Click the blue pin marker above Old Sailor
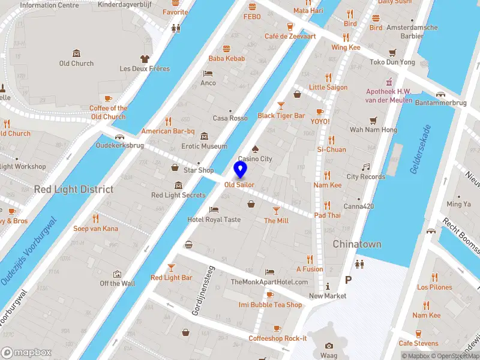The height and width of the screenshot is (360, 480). [x=241, y=170]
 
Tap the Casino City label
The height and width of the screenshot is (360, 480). [x=255, y=159]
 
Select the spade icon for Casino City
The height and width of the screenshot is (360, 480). [x=254, y=148]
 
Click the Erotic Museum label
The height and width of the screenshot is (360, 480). [x=205, y=146]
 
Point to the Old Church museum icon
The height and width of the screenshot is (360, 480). [x=76, y=53]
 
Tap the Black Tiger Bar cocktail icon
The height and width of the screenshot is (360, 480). [x=281, y=105]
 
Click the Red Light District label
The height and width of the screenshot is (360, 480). [x=74, y=189]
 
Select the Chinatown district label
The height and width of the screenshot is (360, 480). [x=357, y=244]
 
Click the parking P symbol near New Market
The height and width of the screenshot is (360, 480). [x=348, y=280]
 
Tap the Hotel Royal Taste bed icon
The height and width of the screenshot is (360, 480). [x=214, y=209]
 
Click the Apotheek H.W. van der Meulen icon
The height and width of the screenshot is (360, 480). [x=389, y=82]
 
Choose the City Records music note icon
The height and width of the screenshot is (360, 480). [x=365, y=166]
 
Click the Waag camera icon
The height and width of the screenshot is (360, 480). [x=328, y=346]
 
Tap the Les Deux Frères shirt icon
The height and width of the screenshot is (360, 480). [x=144, y=58]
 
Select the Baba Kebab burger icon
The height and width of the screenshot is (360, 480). [x=227, y=49]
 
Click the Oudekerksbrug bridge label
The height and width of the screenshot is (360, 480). [x=119, y=145]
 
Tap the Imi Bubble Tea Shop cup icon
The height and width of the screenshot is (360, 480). [x=270, y=295]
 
